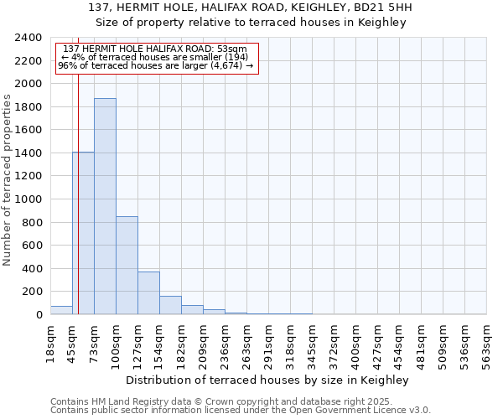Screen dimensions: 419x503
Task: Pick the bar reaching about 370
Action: (148, 292)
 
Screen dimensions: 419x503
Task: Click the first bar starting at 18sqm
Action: (61, 310)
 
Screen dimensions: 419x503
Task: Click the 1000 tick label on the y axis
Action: (29, 199)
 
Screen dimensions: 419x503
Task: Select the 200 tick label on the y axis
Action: (32, 292)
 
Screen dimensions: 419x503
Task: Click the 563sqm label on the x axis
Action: (486, 340)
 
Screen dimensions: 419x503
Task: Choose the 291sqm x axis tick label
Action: (268, 340)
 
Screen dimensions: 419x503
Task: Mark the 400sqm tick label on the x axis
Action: (355, 340)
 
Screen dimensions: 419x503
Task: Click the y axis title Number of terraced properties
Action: (8, 180)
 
